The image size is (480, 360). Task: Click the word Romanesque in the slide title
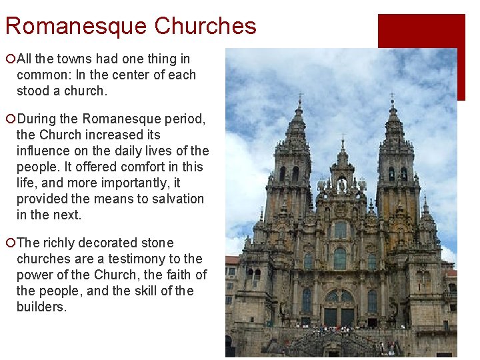pyautogui.click(x=75, y=26)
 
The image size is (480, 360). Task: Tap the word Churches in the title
pyautogui.click(x=205, y=26)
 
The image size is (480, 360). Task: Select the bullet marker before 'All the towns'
pyautogui.click(x=9, y=59)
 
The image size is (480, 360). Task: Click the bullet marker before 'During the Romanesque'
pyautogui.click(x=9, y=119)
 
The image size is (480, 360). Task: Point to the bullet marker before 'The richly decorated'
pyautogui.click(x=9, y=243)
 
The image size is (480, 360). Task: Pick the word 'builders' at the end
pyautogui.click(x=41, y=307)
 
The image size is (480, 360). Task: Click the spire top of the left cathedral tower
pyautogui.click(x=300, y=99)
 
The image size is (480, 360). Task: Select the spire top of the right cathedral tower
pyautogui.click(x=392, y=99)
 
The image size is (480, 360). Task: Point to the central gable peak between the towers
pyautogui.click(x=343, y=143)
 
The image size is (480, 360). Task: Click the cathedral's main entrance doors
pyautogui.click(x=339, y=316)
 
